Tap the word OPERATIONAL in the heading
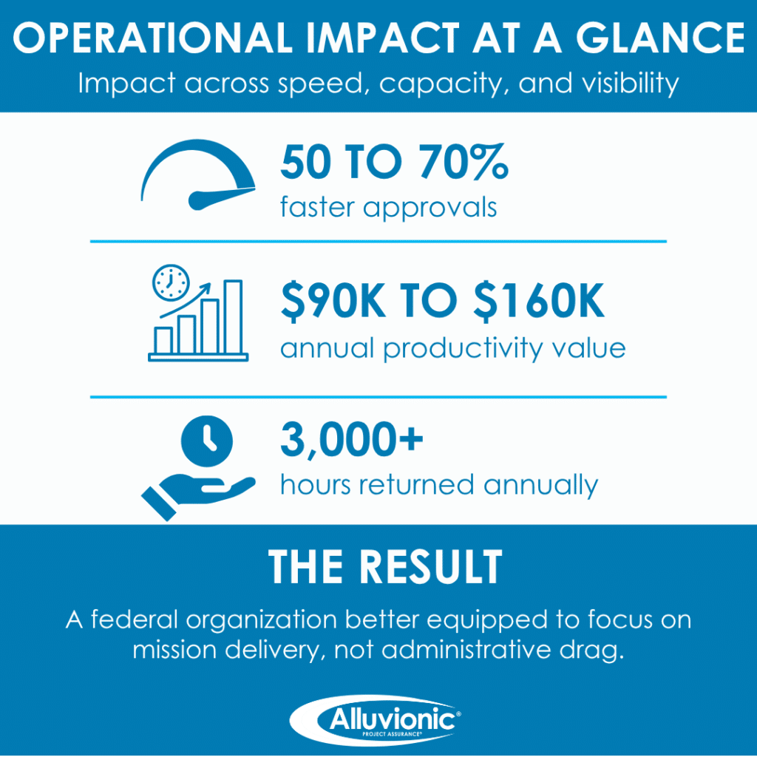point(152,38)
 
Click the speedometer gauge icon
point(198,174)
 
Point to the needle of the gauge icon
point(221,197)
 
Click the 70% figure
point(464,162)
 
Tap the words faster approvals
point(388,208)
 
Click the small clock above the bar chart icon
point(171,282)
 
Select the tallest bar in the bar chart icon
point(233,316)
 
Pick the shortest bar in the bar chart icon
point(163,340)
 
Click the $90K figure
point(333,301)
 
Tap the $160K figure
point(539,301)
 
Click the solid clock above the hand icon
point(207,441)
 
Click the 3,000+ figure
point(351,439)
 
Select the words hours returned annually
point(439,485)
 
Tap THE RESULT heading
point(385,567)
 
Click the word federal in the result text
point(135,619)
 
